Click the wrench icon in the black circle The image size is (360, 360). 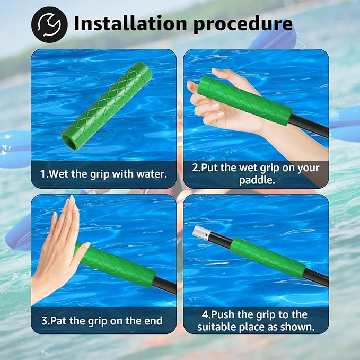point(49,24)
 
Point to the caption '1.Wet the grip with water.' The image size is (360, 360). point(103,173)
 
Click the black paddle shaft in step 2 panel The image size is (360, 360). point(310,126)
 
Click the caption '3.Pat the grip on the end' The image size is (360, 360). point(102,321)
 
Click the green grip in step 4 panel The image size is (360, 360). point(267,257)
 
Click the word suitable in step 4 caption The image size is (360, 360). point(218,327)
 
